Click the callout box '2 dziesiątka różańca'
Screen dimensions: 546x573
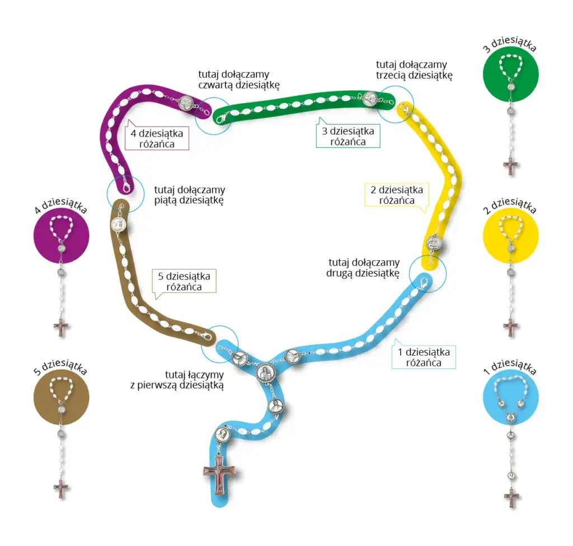click(x=396, y=194)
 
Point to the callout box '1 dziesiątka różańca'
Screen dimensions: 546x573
click(x=423, y=357)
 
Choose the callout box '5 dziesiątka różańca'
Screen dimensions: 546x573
click(x=184, y=281)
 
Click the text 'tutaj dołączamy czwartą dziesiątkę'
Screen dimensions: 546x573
click(x=239, y=80)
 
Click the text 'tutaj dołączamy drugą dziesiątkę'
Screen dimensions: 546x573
click(x=364, y=268)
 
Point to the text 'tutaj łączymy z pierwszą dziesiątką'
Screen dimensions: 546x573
click(x=177, y=380)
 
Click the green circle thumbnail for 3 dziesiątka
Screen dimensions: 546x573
click(x=510, y=73)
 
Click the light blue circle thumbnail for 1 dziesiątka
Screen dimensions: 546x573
click(x=510, y=396)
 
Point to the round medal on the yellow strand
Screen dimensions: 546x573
click(x=434, y=244)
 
